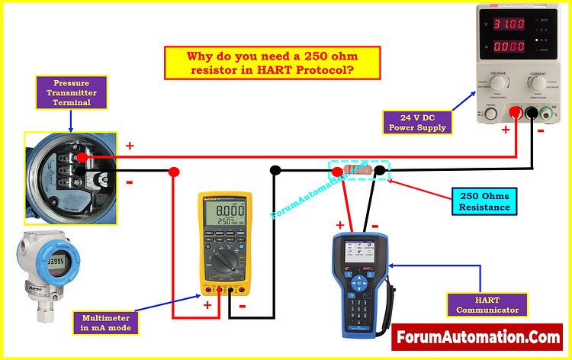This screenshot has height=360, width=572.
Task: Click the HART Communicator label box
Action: coord(482,304)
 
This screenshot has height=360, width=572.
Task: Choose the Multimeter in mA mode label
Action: coord(106,323)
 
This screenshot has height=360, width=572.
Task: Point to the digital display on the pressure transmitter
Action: coord(53,262)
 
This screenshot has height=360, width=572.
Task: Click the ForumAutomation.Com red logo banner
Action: coord(477,336)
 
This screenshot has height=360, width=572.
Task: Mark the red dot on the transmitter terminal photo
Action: coord(82,156)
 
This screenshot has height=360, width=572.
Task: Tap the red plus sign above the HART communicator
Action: coord(340,225)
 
